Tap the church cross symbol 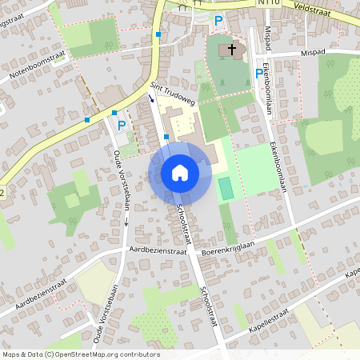tap(233, 50)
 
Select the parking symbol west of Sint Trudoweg tap(122, 126)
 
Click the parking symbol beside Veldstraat tap(218, 20)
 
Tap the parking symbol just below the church tap(258, 73)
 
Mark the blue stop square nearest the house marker tap(166, 137)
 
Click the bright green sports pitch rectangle tap(226, 189)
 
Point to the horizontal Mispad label tap(315, 53)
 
